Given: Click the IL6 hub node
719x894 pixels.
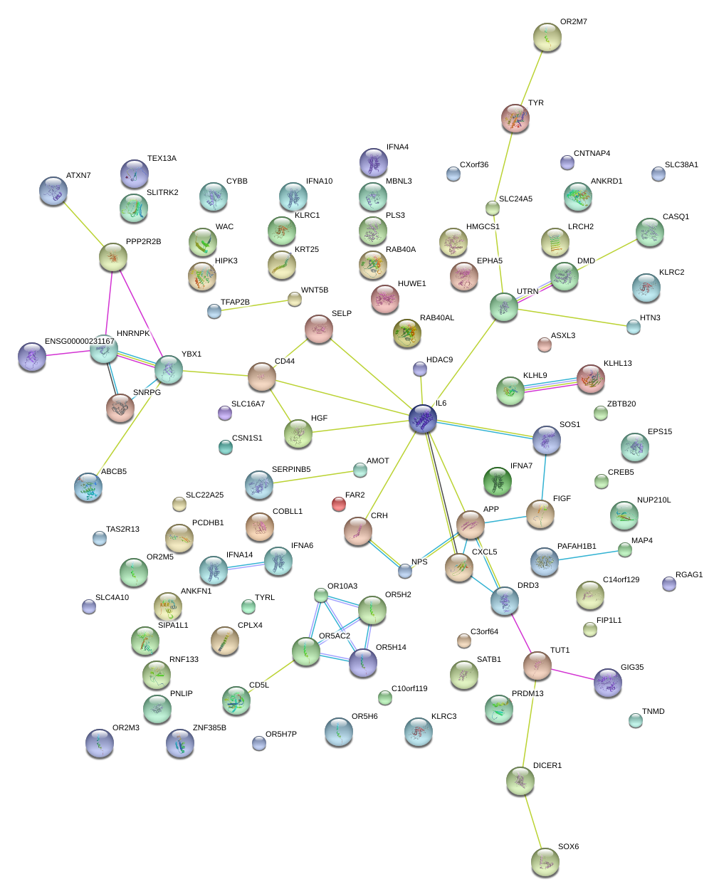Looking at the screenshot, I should pos(423,419).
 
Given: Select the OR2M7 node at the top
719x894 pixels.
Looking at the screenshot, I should pos(547,37).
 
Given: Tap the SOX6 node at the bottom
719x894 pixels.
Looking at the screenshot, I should pos(545,861).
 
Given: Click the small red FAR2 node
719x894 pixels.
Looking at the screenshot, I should pos(339,504).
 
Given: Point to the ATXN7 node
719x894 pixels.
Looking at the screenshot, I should pos(53,190).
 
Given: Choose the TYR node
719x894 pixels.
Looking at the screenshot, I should pos(515,118).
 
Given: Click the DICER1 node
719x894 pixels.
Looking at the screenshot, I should pos(520,781).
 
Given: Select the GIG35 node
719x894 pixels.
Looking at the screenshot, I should pos(607,682).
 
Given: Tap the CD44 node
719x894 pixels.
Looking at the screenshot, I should pos(261,376).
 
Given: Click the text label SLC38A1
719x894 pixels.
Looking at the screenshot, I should pos(681,165).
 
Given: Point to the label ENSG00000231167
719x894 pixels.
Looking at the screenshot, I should pos(80,342).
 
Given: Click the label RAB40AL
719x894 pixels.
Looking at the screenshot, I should pos(437,318).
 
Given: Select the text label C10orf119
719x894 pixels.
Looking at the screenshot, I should pos(409,689).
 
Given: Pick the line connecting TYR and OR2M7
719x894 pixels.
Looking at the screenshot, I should pos(531,77).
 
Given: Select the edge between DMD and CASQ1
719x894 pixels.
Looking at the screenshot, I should pos(607,255).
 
